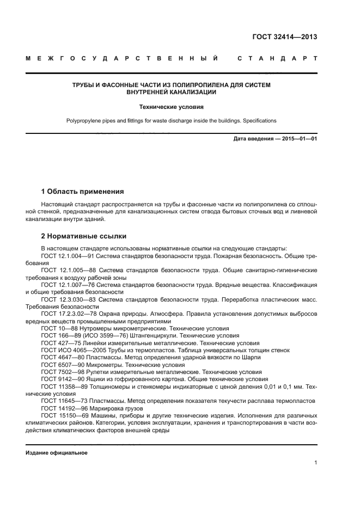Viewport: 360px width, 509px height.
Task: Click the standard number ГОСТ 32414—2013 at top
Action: (284, 38)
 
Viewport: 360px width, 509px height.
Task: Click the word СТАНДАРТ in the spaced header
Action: (278, 58)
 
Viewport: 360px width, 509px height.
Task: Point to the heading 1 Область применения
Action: (83, 192)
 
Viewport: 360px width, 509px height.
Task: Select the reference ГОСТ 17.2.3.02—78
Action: (69, 314)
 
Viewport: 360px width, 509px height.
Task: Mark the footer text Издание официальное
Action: (57, 452)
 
